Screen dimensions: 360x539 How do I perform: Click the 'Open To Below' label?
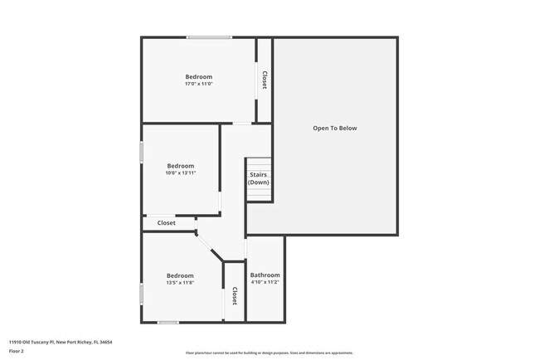point(335,129)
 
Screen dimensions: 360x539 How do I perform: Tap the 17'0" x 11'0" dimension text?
point(199,84)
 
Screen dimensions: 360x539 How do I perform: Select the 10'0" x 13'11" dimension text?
point(180,173)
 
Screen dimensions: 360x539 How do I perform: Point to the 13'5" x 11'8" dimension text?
point(180,283)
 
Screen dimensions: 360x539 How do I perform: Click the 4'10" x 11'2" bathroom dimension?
point(265,282)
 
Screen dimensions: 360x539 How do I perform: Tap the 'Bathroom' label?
point(265,275)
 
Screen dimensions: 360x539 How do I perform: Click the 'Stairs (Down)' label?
point(259,178)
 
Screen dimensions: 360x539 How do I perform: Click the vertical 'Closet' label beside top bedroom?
point(265,80)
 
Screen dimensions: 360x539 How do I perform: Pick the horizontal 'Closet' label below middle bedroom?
point(167,222)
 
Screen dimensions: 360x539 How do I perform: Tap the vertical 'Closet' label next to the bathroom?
point(235,296)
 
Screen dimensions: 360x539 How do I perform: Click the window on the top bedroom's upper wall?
point(209,37)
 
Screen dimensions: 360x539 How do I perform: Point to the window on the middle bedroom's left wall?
point(142,152)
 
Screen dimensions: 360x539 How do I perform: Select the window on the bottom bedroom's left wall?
point(142,293)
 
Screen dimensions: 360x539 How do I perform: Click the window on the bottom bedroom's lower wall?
point(168,322)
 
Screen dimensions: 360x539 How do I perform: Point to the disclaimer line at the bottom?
point(269,353)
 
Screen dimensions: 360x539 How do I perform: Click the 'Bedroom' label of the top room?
point(199,76)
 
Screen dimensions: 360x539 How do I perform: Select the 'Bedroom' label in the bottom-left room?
point(180,275)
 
